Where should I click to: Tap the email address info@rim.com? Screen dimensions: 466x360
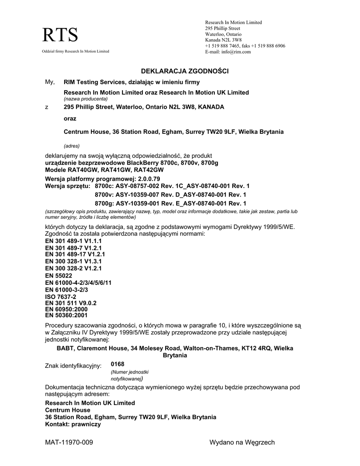tap(236, 52)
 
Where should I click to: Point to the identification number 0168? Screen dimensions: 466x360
tap(117, 364)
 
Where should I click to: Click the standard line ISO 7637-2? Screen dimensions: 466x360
tap(61, 297)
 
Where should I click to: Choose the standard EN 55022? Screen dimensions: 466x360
tap(58, 276)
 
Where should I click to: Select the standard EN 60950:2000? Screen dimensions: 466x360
tap(66, 309)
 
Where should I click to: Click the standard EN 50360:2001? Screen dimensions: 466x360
tap(66, 314)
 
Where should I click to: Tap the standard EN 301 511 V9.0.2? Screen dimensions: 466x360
tap(71, 303)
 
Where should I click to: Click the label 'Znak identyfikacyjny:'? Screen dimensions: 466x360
tap(73, 366)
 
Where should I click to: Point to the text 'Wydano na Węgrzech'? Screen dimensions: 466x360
tap(242, 442)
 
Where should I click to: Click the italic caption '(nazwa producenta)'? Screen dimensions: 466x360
tap(86, 99)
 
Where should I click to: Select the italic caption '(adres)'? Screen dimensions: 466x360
tap(72, 146)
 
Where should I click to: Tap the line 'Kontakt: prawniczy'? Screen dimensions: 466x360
tap(73, 424)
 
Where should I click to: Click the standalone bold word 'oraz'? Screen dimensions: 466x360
tap(70, 119)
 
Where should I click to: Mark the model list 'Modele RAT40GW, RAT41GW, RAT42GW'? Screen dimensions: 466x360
tap(104, 169)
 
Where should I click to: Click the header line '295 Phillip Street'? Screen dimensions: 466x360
tap(223, 28)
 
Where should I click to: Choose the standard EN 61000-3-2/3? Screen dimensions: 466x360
tap(66, 289)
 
